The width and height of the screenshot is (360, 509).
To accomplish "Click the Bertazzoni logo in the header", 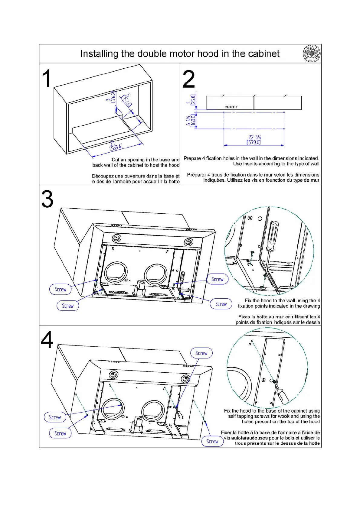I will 312,54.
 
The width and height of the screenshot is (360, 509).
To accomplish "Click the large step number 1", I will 46,78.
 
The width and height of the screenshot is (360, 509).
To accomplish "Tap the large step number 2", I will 189,79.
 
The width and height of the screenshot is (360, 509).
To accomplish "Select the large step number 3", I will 47,199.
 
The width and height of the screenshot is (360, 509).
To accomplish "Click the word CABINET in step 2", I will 231,107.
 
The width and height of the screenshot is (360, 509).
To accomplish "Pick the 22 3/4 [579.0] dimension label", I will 254,140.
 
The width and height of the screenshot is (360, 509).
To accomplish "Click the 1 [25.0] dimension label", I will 191,100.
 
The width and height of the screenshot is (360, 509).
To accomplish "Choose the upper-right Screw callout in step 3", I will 217,279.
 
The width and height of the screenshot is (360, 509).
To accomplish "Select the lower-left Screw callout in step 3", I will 67,306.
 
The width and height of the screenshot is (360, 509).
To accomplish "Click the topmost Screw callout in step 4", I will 201,353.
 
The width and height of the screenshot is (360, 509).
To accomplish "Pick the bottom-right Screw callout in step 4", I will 212,441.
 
